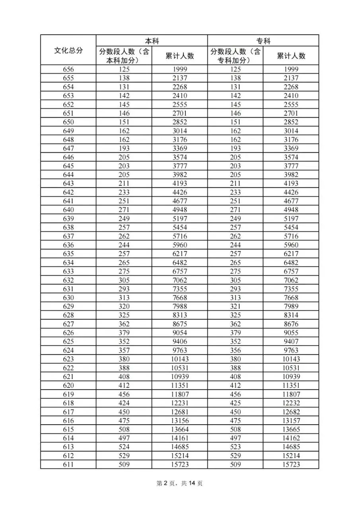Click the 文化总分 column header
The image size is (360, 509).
pos(68,51)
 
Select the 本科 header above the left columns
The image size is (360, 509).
pos(152,41)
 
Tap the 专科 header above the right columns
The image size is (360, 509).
pos(263,41)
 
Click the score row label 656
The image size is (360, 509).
pos(68,70)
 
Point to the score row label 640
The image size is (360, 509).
pos(68,210)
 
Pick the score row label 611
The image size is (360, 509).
pos(68,464)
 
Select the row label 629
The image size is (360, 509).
pos(68,307)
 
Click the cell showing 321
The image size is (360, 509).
pos(235,307)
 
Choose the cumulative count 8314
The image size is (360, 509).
pos(291,315)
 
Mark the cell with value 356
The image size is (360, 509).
pos(235,350)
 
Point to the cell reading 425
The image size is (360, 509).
pos(235,403)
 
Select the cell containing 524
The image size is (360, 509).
pos(124,447)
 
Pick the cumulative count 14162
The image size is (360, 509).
pos(291,438)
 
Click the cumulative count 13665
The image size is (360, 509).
pos(291,429)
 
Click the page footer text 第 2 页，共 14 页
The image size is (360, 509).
pos(180,484)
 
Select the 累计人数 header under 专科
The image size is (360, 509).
pos(291,56)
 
